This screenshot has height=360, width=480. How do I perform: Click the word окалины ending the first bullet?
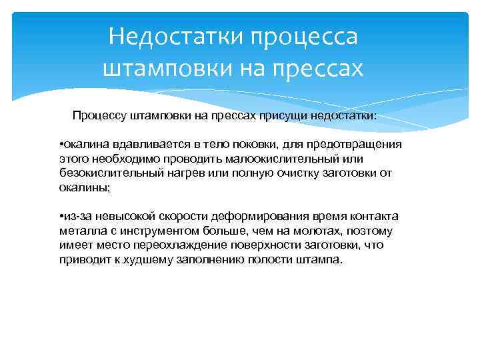[84, 188]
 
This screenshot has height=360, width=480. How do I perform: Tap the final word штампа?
[321, 260]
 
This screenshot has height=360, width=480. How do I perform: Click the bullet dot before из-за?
[61, 217]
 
